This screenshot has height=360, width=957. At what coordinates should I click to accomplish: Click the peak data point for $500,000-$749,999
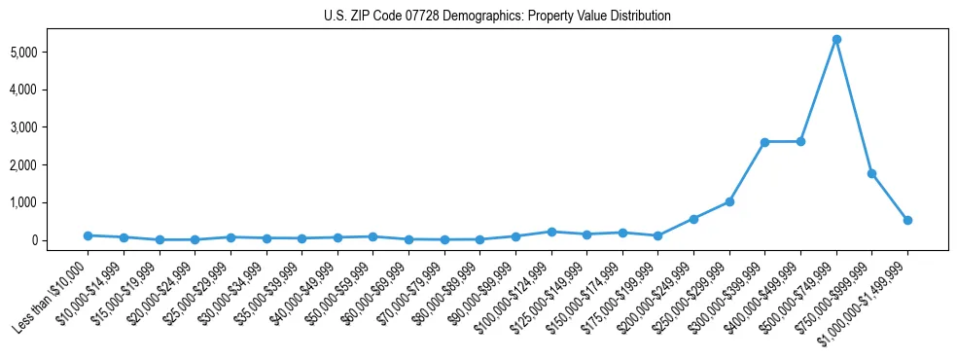pyautogui.click(x=836, y=40)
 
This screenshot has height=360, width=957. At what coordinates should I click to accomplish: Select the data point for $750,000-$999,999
pyautogui.click(x=871, y=173)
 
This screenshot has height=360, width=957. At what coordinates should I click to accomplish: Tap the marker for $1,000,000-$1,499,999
pyautogui.click(x=907, y=220)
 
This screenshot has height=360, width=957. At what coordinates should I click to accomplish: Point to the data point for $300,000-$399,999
pyautogui.click(x=764, y=142)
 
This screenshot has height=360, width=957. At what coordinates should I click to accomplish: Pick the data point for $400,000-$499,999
pyautogui.click(x=800, y=141)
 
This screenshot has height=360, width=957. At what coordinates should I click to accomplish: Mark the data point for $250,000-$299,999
pyautogui.click(x=729, y=201)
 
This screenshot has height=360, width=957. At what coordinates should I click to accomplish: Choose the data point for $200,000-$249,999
pyautogui.click(x=693, y=219)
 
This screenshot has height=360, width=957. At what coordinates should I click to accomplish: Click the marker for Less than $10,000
pyautogui.click(x=88, y=235)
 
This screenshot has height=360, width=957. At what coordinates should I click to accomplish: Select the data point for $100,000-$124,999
pyautogui.click(x=550, y=232)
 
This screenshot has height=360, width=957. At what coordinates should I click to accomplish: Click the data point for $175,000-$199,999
pyautogui.click(x=657, y=235)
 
